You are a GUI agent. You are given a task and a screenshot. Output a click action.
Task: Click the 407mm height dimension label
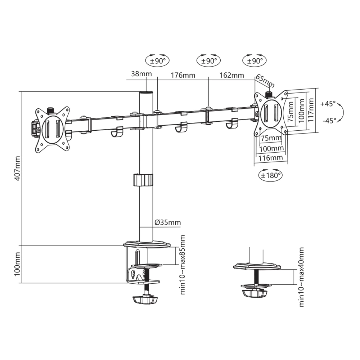click(x=18, y=168)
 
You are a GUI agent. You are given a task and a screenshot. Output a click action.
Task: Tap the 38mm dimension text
click(x=141, y=74)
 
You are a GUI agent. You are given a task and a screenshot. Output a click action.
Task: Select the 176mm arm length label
click(x=183, y=75)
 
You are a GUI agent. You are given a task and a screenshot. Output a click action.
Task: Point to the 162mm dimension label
click(x=231, y=75)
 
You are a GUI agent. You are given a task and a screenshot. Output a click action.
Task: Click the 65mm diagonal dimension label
click(x=265, y=81)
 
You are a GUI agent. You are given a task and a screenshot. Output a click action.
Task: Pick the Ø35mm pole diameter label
click(x=168, y=222)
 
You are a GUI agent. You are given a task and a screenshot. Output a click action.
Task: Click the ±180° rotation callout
click(x=270, y=175)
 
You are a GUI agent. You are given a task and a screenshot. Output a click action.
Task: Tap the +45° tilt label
click(x=328, y=104)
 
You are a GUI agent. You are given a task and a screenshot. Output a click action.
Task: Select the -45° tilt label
click(x=329, y=121)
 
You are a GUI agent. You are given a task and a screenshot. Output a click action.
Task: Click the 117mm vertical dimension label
click(x=311, y=110)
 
